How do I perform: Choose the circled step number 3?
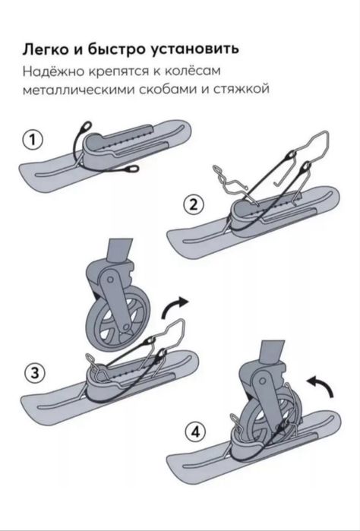[32, 373]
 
